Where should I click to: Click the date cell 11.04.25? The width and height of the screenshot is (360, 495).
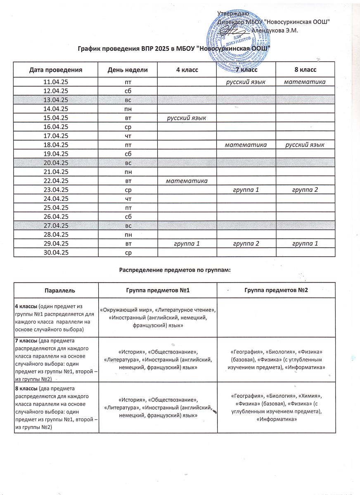coord(56,82)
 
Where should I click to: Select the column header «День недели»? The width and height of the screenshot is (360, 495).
coord(127,70)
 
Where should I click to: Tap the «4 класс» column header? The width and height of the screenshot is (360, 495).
coord(187,70)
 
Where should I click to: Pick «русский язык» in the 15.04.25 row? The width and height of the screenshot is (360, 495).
coord(186,119)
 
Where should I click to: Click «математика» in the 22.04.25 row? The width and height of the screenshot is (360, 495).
coord(186,181)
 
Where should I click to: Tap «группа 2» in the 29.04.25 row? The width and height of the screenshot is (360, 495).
coord(246,243)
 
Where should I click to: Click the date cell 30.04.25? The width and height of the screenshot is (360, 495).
coord(56,252)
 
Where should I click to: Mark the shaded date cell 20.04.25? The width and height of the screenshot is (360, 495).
coord(56,163)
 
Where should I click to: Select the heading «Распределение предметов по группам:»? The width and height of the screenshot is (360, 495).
coord(175,270)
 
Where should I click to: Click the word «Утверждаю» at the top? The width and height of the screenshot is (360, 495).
coord(233,14)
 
